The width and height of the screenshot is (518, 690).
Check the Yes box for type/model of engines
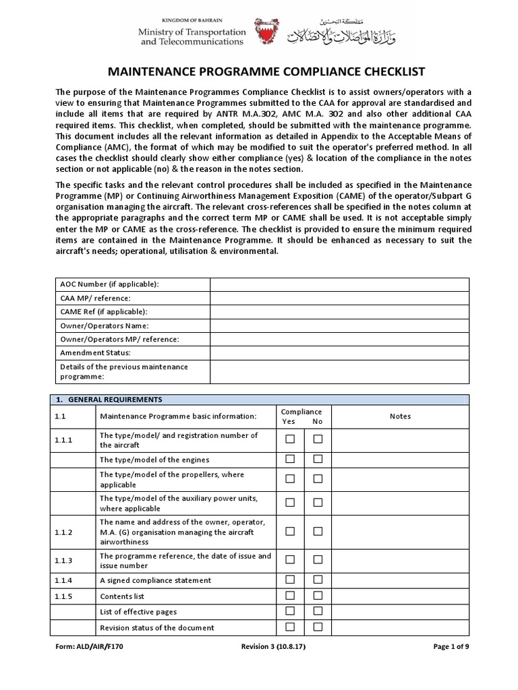tap(290, 459)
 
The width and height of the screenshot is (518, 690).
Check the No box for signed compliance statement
tap(318, 579)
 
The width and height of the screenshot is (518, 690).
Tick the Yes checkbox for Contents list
tap(290, 596)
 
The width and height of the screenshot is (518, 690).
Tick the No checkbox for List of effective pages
tap(318, 611)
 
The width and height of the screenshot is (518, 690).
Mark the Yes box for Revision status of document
tap(290, 627)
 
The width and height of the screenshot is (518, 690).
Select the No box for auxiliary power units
tap(318, 503)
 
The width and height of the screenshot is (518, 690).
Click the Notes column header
tap(400, 416)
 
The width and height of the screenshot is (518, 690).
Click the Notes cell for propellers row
tap(400, 479)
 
